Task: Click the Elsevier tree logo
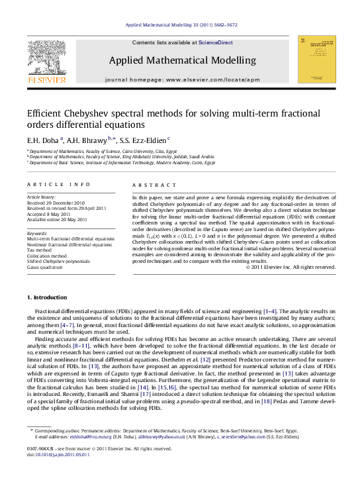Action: click(46, 59)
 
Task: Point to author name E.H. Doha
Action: click(42, 140)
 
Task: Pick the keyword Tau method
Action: click(40, 250)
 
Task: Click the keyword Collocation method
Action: click(46, 256)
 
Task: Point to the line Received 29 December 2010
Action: click(56, 203)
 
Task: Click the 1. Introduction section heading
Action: click(46, 297)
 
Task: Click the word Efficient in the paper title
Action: click(44, 113)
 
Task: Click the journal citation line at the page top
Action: click(181, 26)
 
